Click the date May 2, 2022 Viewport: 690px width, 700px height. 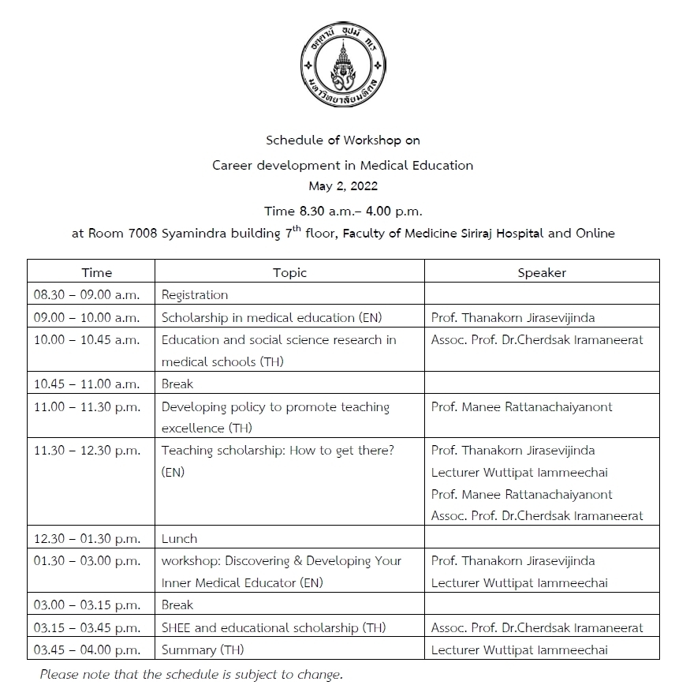(x=343, y=187)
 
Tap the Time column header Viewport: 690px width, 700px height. (x=97, y=272)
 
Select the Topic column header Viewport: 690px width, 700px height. (x=289, y=272)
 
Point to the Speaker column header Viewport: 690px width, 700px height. (x=542, y=272)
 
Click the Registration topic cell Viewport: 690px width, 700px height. (x=195, y=295)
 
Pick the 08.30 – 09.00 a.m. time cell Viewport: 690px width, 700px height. (x=87, y=295)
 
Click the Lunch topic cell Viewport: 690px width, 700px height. (x=179, y=538)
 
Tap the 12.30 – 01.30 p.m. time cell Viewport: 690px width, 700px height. (x=87, y=538)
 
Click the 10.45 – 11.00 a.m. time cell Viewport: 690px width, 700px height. (x=87, y=384)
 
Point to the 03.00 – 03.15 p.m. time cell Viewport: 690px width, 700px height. (x=87, y=605)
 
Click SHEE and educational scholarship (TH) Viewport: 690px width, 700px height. (x=274, y=627)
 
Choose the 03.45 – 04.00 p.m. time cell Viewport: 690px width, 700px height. (x=87, y=649)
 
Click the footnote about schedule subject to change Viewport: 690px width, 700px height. (x=192, y=675)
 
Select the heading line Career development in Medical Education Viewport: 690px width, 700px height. (x=343, y=166)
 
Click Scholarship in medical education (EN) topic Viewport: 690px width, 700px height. (x=258, y=317)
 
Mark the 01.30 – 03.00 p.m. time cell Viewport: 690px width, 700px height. (x=87, y=560)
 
